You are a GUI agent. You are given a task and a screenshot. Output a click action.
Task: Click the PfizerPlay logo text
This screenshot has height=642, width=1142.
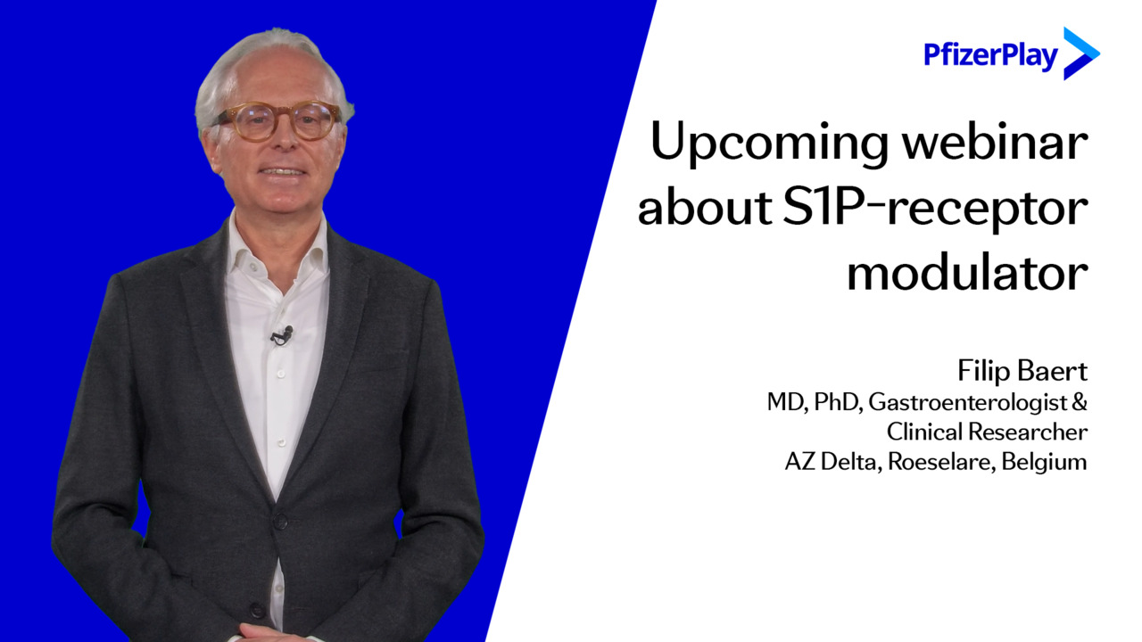point(990,55)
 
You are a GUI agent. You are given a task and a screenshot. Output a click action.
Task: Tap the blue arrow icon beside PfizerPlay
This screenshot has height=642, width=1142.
point(1080,53)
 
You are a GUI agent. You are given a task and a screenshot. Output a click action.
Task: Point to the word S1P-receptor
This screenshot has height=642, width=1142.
point(936,210)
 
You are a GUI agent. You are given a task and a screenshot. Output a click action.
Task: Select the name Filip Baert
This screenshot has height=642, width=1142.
point(1022,371)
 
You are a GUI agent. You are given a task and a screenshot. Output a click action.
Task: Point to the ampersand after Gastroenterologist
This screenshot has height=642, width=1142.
point(1080,402)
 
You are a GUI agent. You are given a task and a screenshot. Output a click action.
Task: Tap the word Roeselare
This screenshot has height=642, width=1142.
point(941,462)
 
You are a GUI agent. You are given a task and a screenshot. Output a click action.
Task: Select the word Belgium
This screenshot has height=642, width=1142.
point(1044,462)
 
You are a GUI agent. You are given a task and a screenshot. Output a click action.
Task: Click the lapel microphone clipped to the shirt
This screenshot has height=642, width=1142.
point(282,335)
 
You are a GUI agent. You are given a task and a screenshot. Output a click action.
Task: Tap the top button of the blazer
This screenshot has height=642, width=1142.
point(279,522)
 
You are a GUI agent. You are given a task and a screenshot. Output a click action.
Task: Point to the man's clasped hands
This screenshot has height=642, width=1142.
point(276,633)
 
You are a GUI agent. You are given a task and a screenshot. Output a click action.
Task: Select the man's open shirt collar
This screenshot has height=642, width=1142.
point(277,247)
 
